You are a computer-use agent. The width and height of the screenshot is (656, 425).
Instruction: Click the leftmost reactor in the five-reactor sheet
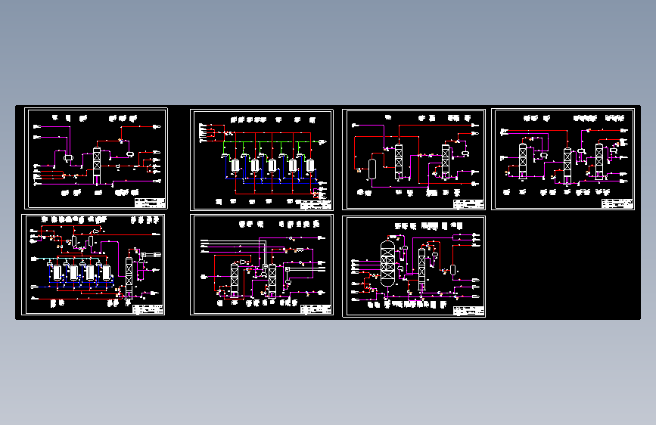pos(237,164)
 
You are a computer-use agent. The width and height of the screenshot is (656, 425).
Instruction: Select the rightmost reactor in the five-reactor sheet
pos(309,164)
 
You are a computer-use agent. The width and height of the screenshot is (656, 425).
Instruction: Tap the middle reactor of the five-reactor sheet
pos(272,164)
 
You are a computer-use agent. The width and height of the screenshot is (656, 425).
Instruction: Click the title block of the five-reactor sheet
pos(316,203)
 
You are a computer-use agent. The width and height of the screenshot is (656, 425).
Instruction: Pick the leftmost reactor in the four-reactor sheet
pos(57,271)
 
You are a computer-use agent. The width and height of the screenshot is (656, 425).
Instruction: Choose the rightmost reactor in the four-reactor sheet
pos(107,271)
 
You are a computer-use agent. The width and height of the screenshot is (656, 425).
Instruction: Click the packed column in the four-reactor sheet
pos(129,276)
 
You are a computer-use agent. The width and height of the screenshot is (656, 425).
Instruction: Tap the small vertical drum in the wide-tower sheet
pos(452,269)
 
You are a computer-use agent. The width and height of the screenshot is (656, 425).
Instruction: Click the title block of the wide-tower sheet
pos(468,310)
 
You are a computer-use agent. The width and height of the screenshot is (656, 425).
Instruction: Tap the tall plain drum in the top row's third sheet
pos(372,168)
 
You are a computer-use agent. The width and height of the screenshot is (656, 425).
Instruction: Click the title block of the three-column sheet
pos(618,203)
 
